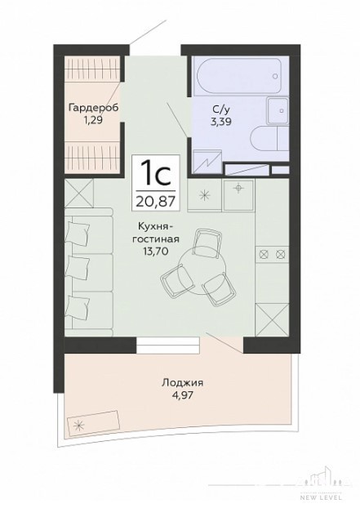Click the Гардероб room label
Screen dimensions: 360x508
coord(94,108)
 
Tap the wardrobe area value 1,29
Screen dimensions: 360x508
coord(93,121)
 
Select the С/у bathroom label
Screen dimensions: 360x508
coord(221,110)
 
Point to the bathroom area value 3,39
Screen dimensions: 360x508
coord(221,122)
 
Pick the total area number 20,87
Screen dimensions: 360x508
coord(156,201)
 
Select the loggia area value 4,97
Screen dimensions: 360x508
coord(182,395)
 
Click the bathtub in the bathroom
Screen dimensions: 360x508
coord(239,76)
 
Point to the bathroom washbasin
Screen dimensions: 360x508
coord(278,110)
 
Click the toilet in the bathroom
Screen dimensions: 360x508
coord(269,138)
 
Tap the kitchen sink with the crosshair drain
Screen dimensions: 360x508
coord(238,194)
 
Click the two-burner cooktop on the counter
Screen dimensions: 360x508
coord(272,254)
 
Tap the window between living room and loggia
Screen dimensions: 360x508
coord(167,345)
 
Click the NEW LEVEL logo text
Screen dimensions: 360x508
coord(321,497)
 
